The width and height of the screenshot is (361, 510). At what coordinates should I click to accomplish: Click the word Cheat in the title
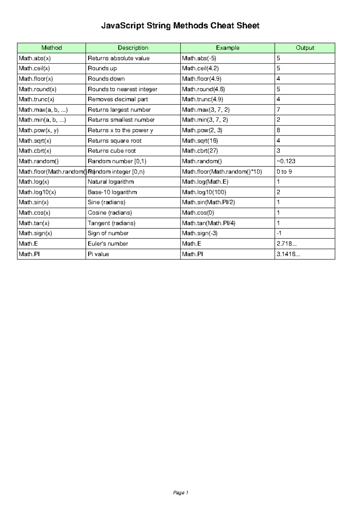(x=222, y=26)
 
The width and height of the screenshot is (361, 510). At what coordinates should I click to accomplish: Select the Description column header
(x=133, y=48)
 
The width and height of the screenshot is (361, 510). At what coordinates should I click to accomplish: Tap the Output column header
(x=305, y=48)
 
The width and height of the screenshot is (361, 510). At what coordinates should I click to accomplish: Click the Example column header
(x=227, y=48)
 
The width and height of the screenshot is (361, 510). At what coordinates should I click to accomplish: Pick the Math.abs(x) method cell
(x=33, y=58)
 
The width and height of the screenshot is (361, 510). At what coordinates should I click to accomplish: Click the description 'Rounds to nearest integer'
(x=122, y=89)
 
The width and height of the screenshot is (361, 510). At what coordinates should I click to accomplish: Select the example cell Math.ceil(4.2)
(x=200, y=69)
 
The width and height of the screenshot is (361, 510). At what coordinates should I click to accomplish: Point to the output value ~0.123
(x=286, y=161)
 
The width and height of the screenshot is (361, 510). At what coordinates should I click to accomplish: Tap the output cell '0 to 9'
(x=284, y=172)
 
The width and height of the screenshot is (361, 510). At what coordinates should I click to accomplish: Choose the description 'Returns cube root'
(x=112, y=151)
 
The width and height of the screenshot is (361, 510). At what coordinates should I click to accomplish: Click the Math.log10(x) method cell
(x=37, y=192)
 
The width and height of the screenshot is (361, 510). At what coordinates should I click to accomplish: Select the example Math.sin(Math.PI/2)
(x=208, y=202)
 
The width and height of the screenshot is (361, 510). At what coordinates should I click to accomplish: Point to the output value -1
(x=279, y=233)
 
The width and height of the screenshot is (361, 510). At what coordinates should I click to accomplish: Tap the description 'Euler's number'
(x=108, y=244)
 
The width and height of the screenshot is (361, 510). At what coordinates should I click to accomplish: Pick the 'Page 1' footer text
(x=180, y=493)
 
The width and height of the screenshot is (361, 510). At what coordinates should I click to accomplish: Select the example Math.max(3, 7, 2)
(x=206, y=110)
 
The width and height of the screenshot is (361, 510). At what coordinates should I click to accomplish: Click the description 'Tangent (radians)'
(x=111, y=223)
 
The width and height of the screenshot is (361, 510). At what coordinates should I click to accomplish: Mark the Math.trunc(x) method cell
(x=36, y=100)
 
